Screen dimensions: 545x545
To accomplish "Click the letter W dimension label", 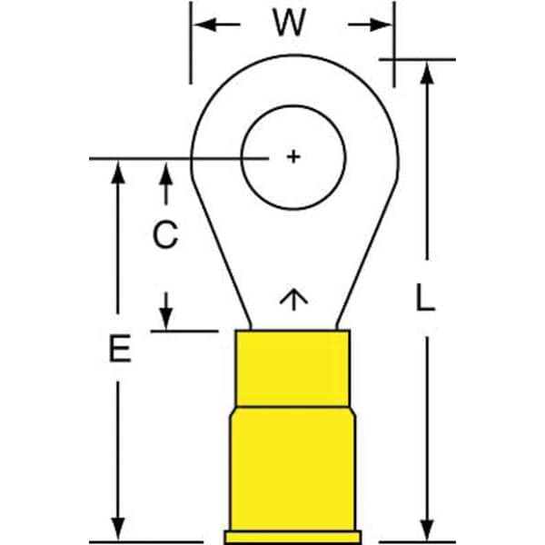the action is (x=290, y=23).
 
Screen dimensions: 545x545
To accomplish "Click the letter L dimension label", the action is (x=425, y=298).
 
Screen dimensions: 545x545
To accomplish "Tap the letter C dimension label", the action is (x=165, y=235).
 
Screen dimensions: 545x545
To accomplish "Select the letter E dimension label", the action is (x=120, y=348).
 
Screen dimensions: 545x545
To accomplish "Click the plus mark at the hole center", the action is (x=293, y=156).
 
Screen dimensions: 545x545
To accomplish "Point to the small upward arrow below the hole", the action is (x=293, y=299).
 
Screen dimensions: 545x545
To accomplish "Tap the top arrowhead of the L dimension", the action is (x=427, y=73).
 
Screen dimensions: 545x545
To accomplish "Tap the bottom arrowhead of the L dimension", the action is (x=427, y=530).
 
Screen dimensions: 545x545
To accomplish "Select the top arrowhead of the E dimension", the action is (x=118, y=172).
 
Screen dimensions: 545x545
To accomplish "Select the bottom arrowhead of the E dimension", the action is (x=118, y=529).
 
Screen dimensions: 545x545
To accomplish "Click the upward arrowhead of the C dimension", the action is (x=166, y=173).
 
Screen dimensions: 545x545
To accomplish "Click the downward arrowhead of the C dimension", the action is (x=166, y=319).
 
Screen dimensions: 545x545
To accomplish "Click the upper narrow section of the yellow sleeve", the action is (x=292, y=368).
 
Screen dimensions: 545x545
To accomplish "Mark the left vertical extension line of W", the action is (x=191, y=43).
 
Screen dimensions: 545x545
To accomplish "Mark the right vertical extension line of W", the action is (x=394, y=45).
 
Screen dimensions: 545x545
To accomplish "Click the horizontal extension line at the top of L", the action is (x=417, y=59).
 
